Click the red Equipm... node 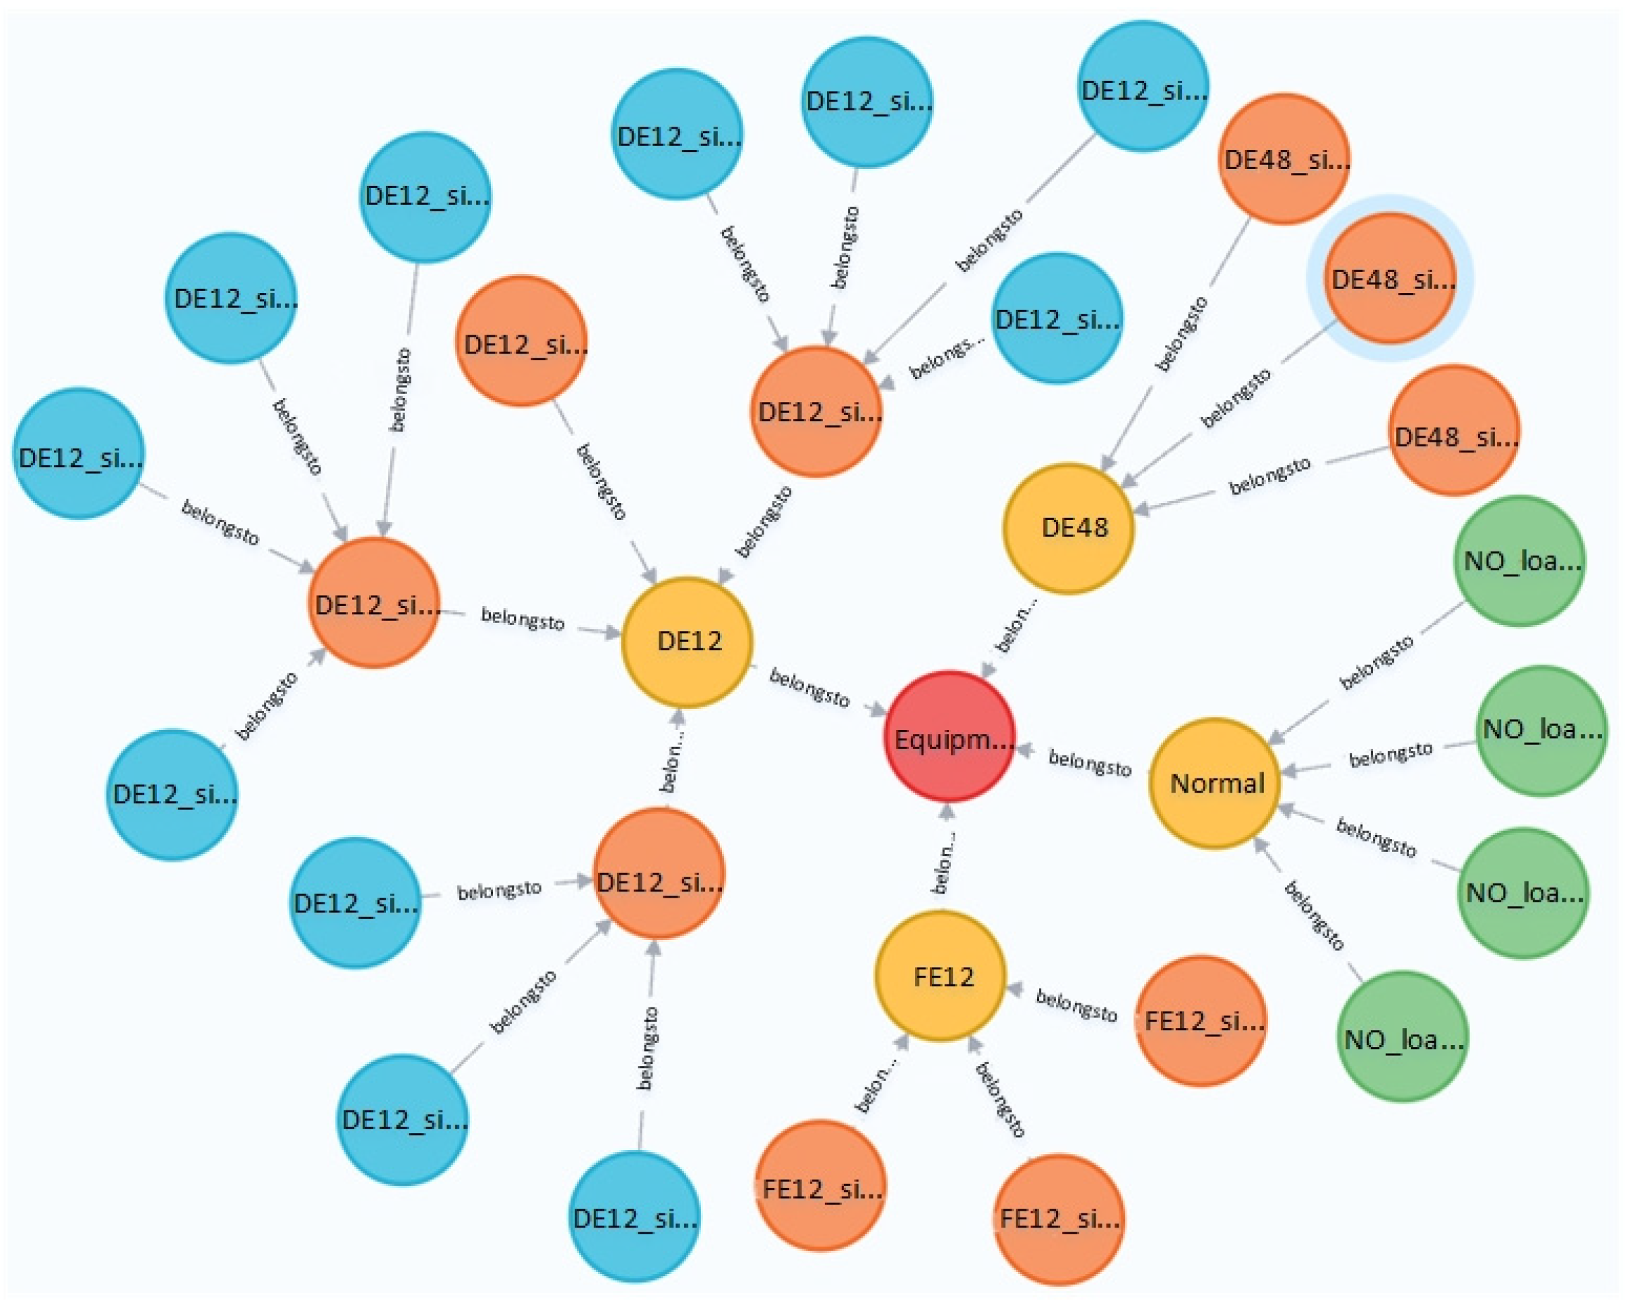[949, 737]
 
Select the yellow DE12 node [687, 642]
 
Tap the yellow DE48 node [1068, 527]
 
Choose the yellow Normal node [1214, 782]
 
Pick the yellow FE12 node [940, 976]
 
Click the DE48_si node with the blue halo [1390, 279]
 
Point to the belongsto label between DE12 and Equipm [809, 687]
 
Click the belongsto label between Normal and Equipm [1090, 763]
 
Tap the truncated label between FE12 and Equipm [945, 862]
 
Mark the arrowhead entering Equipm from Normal [1024, 751]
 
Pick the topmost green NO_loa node [1519, 561]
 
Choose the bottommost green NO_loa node [1402, 1038]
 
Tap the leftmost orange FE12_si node [820, 1188]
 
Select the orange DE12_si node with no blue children [521, 341]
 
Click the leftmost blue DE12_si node [79, 454]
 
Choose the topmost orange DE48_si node [1284, 158]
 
